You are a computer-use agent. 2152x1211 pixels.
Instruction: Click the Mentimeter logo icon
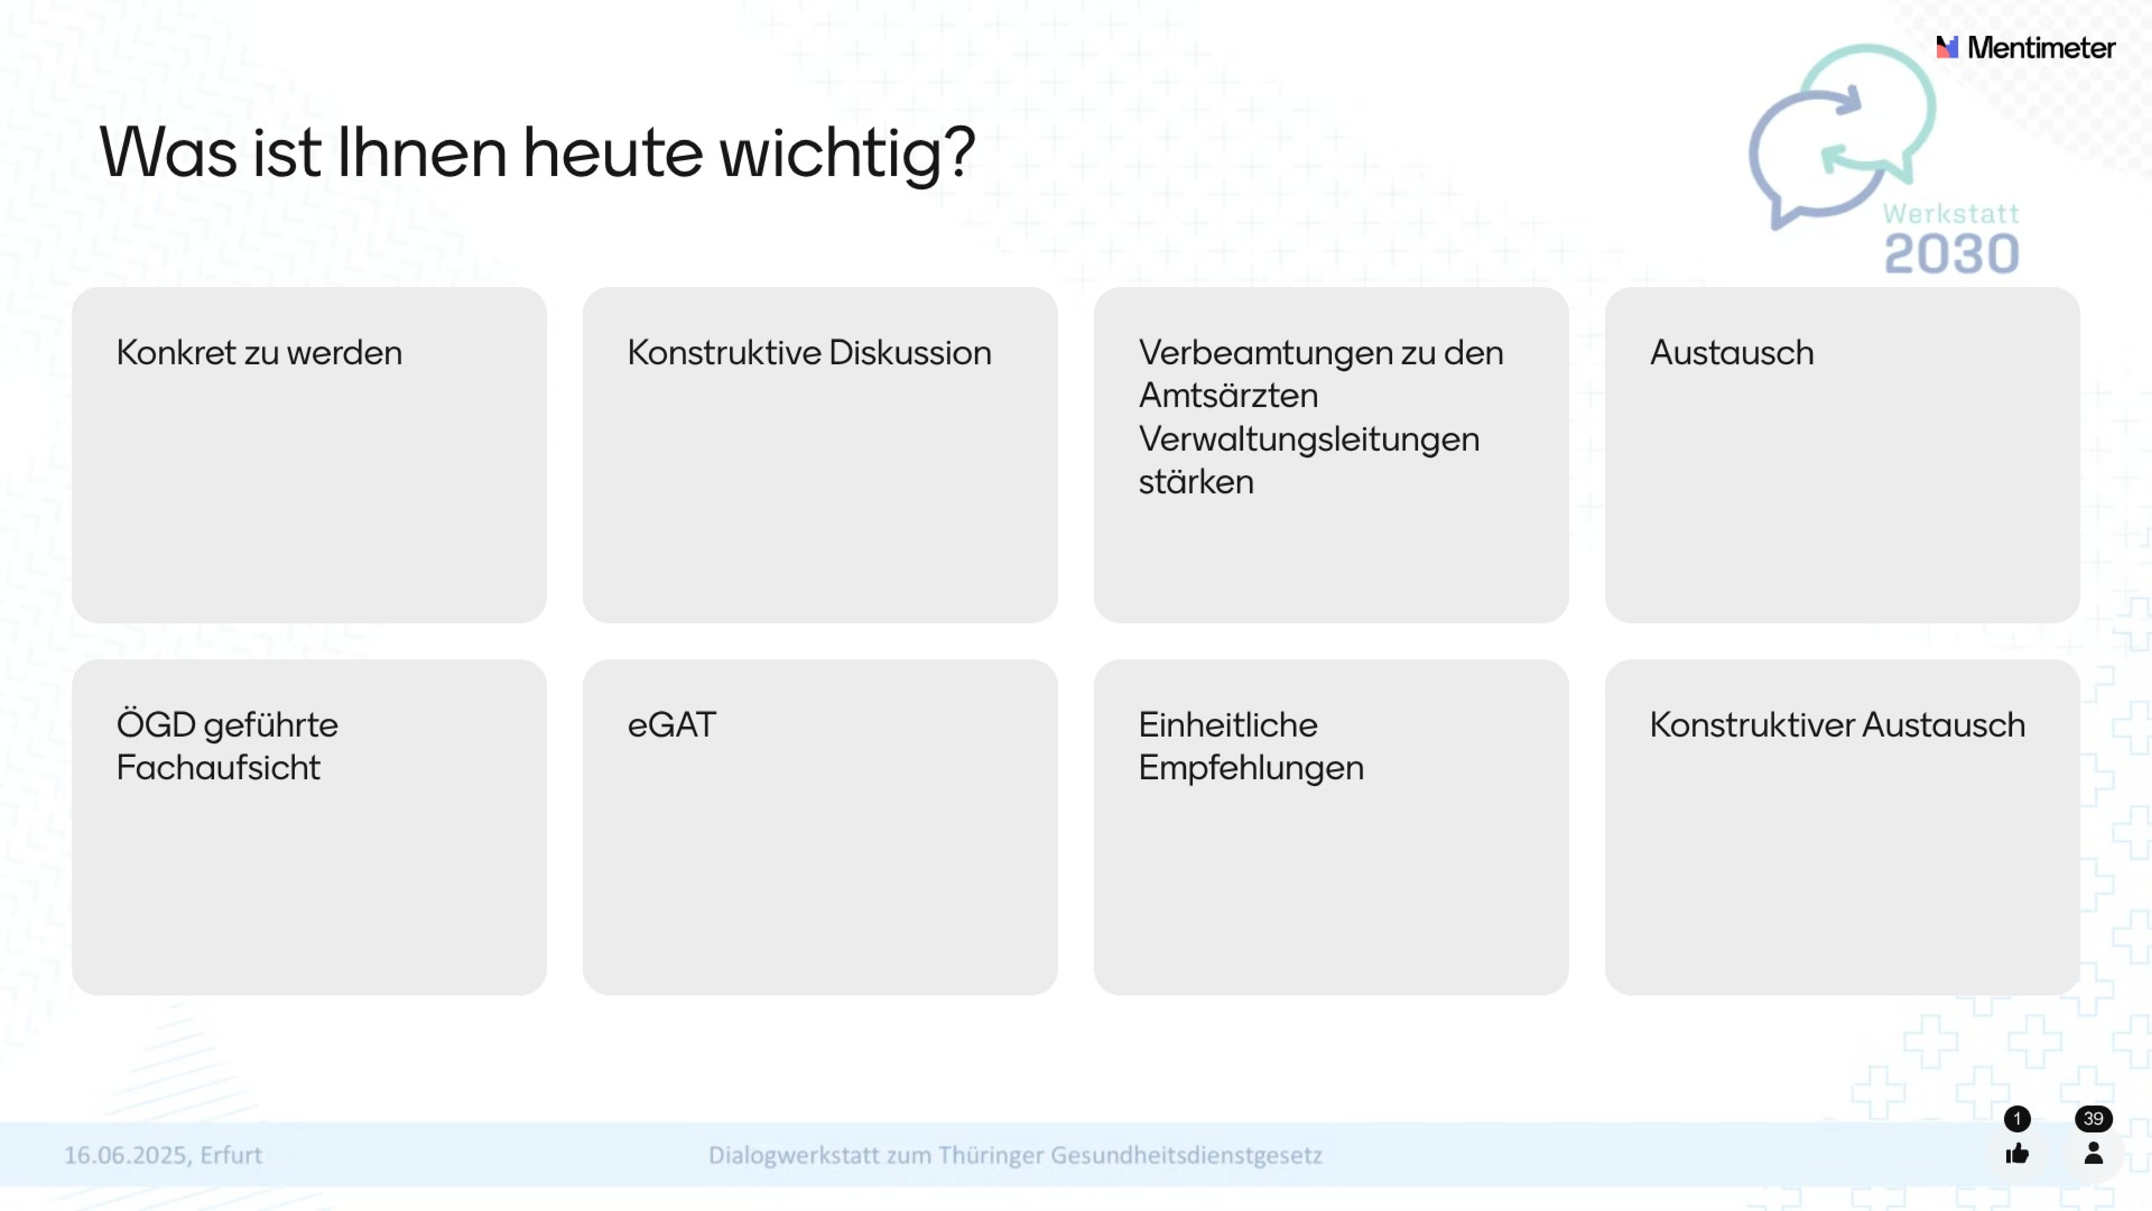coord(1946,48)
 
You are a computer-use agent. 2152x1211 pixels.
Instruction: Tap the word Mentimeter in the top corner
coord(2041,48)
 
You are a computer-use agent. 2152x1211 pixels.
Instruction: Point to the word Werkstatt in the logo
coord(1951,214)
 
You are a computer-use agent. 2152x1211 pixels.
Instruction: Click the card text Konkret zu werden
coord(259,353)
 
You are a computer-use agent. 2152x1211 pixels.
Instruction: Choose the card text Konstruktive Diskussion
coord(809,353)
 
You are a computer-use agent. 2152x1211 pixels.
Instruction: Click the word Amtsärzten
coord(1228,395)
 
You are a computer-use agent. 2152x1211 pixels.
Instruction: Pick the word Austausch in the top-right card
coord(1732,353)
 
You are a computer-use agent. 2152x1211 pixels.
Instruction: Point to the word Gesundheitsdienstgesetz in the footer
coord(1186,1155)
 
